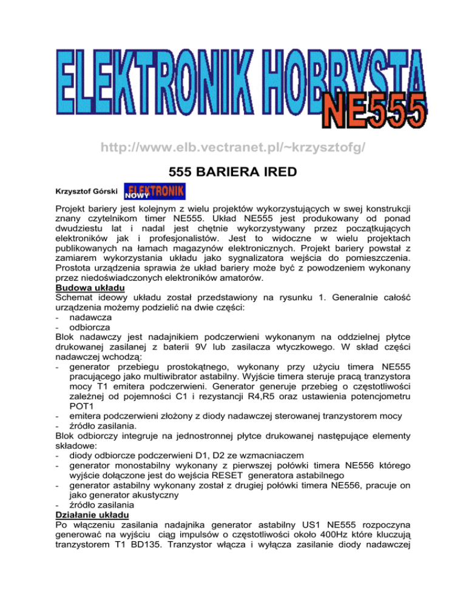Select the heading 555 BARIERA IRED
233,172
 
